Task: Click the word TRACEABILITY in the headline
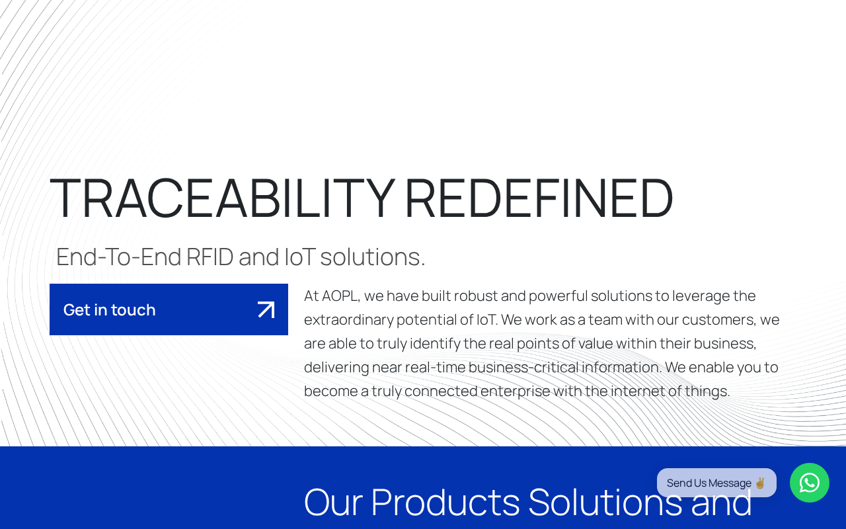(x=223, y=198)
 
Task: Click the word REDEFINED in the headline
(x=539, y=198)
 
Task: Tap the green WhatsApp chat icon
(x=810, y=483)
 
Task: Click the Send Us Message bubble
(x=716, y=483)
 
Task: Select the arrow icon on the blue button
(x=266, y=309)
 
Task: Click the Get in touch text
(x=109, y=310)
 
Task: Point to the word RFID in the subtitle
(x=210, y=257)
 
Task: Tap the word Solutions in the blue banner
(x=605, y=502)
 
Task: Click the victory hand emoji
(x=760, y=483)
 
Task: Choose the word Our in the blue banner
(x=333, y=502)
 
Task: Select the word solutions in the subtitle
(x=373, y=257)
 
